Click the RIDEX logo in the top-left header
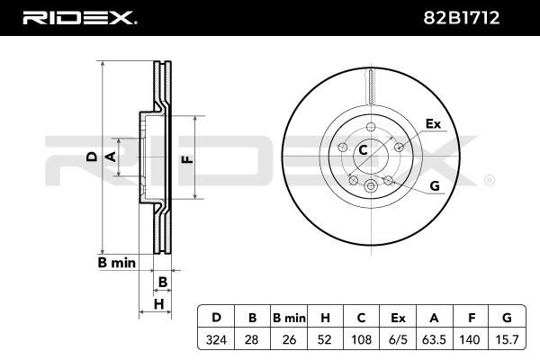tap(78, 17)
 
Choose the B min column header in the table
tap(288, 318)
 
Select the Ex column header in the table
tap(397, 318)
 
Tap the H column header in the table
tap(324, 318)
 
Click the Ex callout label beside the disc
tap(432, 123)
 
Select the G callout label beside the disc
tap(434, 185)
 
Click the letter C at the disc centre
tap(364, 150)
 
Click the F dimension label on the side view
tap(185, 159)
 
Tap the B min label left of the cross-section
tap(116, 262)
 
